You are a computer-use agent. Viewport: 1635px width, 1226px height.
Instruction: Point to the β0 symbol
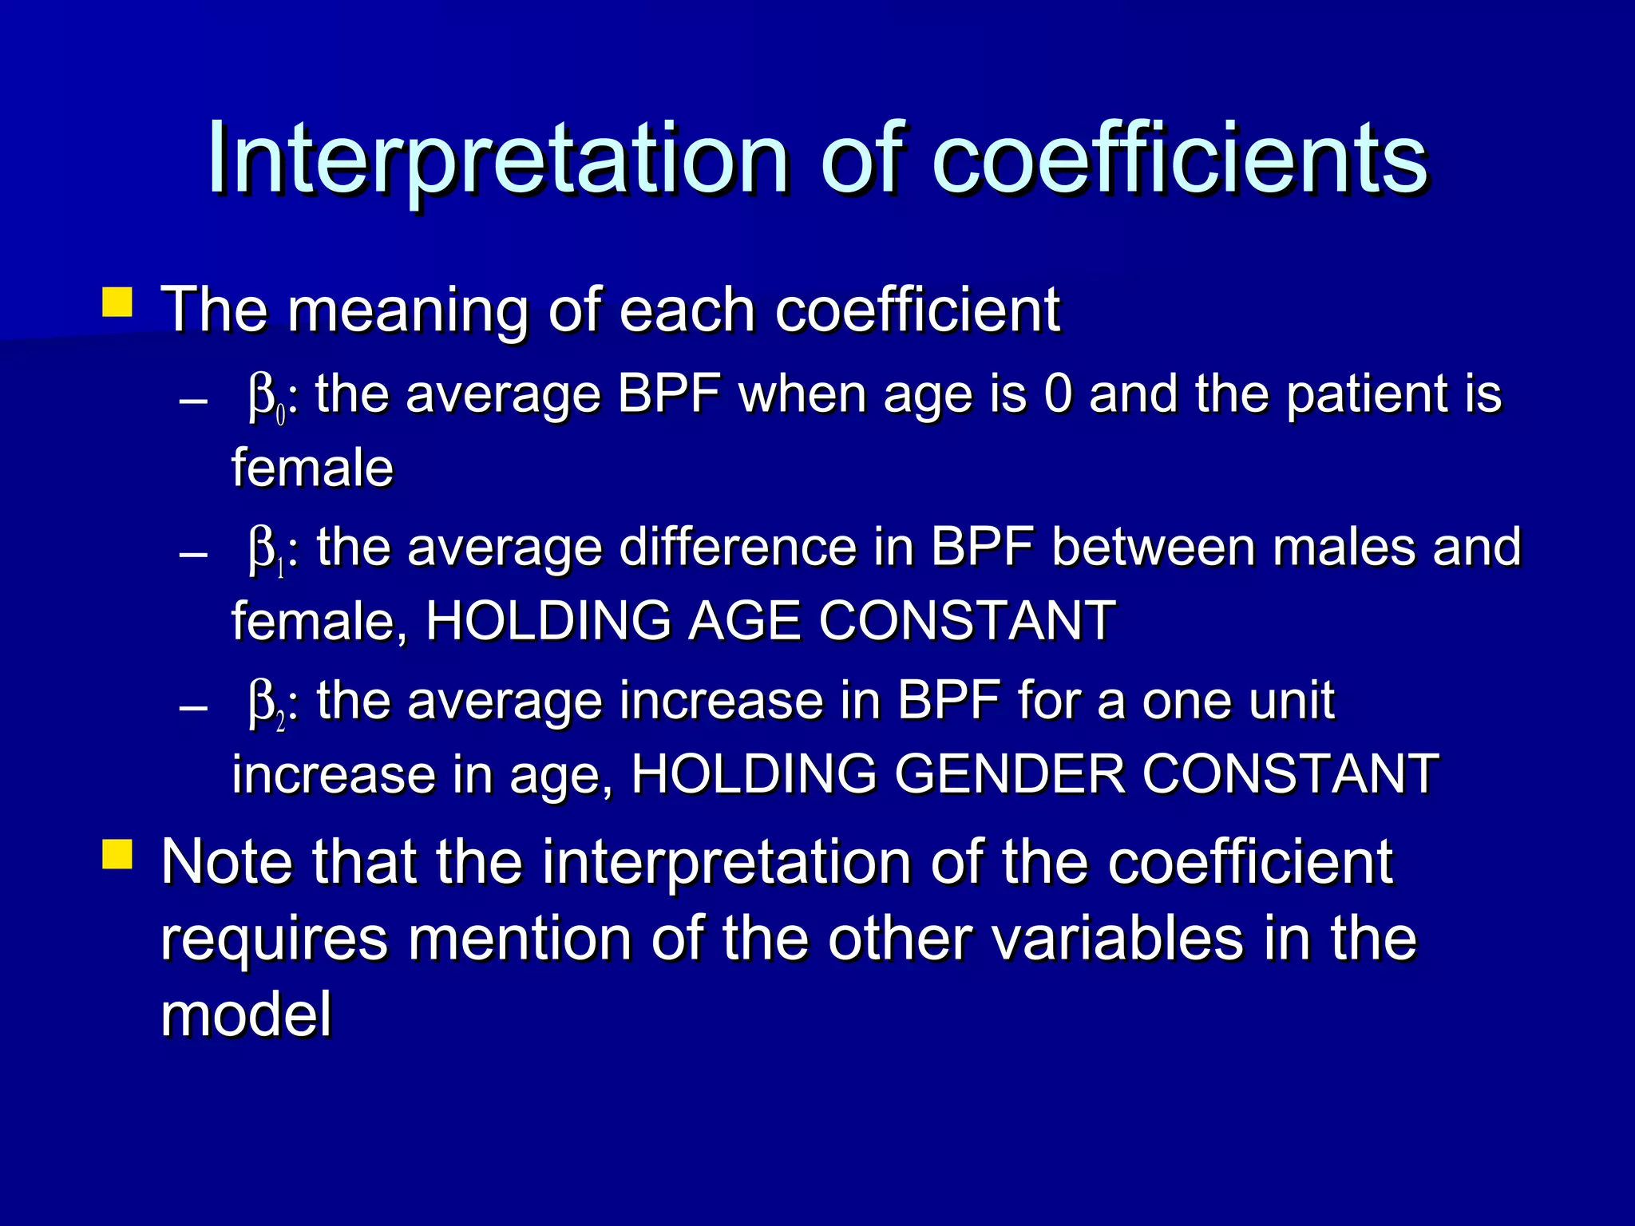click(x=267, y=397)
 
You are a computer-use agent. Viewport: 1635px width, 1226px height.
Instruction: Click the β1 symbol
click(x=267, y=551)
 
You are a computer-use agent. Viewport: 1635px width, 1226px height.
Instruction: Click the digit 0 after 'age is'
click(x=1058, y=394)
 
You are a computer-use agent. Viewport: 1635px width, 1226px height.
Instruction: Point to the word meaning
click(x=407, y=311)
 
